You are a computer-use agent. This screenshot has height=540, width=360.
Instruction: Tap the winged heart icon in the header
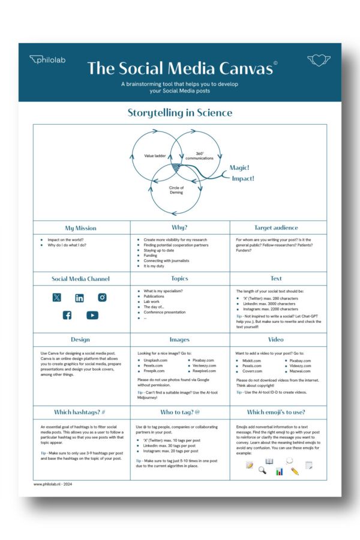coord(319,59)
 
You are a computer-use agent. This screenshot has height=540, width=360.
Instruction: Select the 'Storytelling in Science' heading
coord(180,112)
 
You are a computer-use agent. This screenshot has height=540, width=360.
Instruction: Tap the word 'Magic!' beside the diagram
coord(239,168)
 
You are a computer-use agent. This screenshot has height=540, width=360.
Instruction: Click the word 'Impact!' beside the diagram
coord(242,178)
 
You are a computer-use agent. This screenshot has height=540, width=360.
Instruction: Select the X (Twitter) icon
coord(56,298)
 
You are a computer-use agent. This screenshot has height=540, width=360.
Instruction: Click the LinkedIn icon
coord(79,298)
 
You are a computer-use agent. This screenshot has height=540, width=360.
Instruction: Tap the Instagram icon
coord(103,298)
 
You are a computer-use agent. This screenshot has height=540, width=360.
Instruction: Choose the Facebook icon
coord(67,315)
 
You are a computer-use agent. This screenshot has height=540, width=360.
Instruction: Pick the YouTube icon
coord(92,315)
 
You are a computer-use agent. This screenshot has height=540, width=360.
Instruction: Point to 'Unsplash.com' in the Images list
coord(156,360)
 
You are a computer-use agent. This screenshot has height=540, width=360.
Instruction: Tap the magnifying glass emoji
coord(262,470)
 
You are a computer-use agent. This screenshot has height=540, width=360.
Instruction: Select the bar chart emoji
coord(280,472)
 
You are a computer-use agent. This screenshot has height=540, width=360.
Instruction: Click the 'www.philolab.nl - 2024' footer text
coord(54,484)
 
